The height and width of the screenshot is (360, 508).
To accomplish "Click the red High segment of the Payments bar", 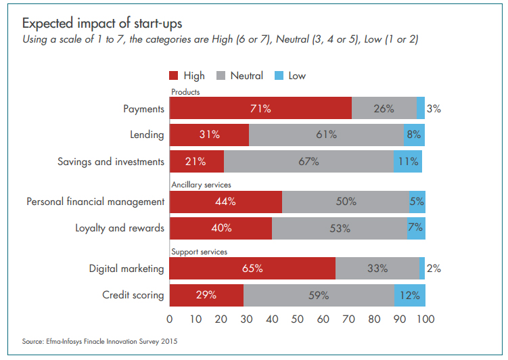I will click(x=260, y=108).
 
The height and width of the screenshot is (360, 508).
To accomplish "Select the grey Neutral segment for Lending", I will click(x=326, y=134).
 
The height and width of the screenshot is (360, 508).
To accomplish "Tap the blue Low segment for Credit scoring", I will click(x=410, y=295).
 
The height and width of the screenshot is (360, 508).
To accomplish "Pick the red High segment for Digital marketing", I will click(x=252, y=269).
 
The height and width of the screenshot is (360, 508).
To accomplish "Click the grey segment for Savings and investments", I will click(x=308, y=162).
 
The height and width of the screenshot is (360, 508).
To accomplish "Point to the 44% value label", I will click(x=225, y=201).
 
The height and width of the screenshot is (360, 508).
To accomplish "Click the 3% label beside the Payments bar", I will click(x=434, y=108).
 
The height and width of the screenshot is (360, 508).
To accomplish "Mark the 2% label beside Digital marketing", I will click(x=434, y=269).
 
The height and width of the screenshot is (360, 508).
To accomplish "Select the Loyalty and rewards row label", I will click(x=119, y=228).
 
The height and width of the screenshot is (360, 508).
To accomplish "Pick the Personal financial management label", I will click(x=95, y=201).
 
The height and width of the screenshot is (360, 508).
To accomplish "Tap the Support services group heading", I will click(x=199, y=252).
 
